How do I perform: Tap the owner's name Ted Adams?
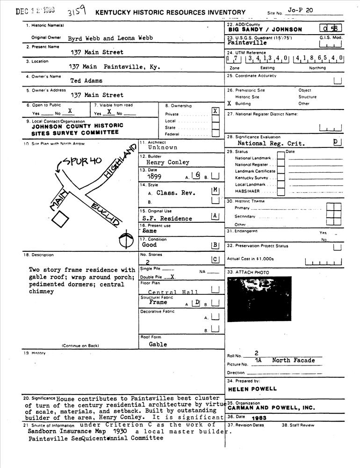tap(86, 80)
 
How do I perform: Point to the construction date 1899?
tap(154, 177)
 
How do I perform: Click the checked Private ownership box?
tap(215, 111)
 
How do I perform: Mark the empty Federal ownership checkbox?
tap(216, 133)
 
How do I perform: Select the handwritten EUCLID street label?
tap(104, 214)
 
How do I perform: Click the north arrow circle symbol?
tap(124, 241)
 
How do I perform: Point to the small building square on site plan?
tap(60, 219)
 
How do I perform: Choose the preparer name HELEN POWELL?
tap(252, 388)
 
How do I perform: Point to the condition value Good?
tap(150, 245)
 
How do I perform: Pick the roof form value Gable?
tap(158, 344)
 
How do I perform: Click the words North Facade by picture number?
tap(294, 360)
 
